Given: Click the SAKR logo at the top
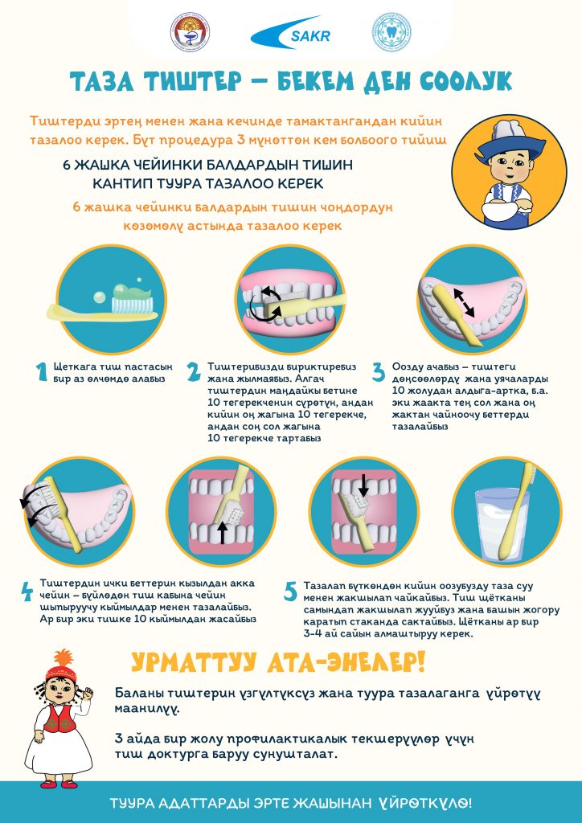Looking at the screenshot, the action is (291, 33).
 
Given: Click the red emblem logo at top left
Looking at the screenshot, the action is (190, 32).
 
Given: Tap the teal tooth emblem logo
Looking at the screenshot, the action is (391, 32).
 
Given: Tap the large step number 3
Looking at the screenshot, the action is (379, 371).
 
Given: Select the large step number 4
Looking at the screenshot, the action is (27, 592).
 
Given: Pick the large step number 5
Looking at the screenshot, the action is (290, 592).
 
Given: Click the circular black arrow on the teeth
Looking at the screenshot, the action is (266, 303).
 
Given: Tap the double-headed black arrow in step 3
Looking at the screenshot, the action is (464, 301).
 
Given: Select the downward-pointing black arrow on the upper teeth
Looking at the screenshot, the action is (363, 485).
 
